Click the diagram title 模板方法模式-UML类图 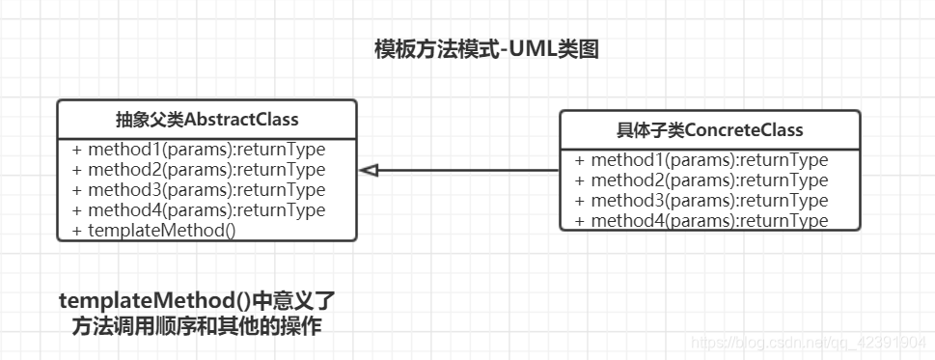click(x=487, y=49)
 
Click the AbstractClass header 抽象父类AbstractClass click(x=206, y=120)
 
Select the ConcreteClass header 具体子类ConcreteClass click(x=709, y=129)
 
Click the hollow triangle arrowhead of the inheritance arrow click(x=368, y=171)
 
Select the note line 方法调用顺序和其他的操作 click(x=197, y=326)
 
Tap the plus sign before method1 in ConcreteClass click(x=580, y=160)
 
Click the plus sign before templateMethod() click(x=77, y=231)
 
